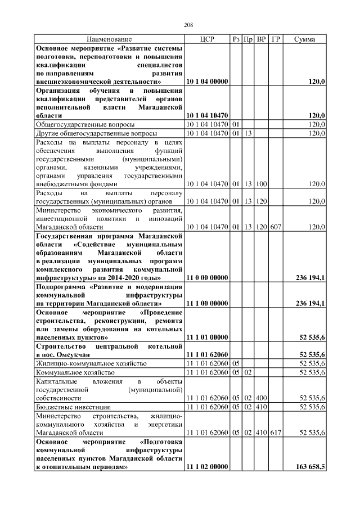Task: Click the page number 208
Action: click(188, 25)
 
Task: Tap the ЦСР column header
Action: click(207, 39)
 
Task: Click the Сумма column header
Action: click(304, 39)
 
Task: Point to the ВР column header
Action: click(261, 39)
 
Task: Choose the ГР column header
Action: click(276, 39)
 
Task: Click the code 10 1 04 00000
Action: click(207, 82)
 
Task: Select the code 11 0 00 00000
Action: click(207, 278)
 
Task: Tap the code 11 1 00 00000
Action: click(207, 304)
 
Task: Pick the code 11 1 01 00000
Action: click(207, 337)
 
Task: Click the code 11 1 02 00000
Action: click(207, 467)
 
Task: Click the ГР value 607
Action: click(276, 227)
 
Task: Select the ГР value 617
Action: click(276, 433)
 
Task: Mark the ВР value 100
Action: click(261, 183)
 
